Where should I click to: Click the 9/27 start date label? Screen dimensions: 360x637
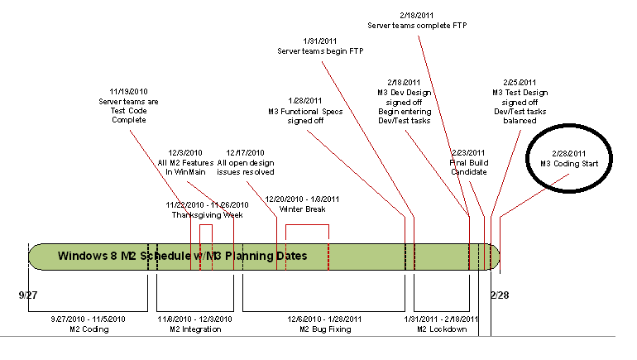pyautogui.click(x=27, y=294)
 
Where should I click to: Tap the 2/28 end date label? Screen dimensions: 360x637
pyautogui.click(x=499, y=294)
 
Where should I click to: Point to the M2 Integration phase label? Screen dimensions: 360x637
pyautogui.click(x=195, y=329)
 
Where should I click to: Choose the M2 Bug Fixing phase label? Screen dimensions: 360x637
pyautogui.click(x=324, y=329)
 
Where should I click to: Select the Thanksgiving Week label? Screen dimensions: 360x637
pyautogui.click(x=207, y=214)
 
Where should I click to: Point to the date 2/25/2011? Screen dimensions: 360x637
pyautogui.click(x=520, y=82)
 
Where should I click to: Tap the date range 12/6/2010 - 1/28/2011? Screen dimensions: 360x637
pyautogui.click(x=324, y=319)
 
